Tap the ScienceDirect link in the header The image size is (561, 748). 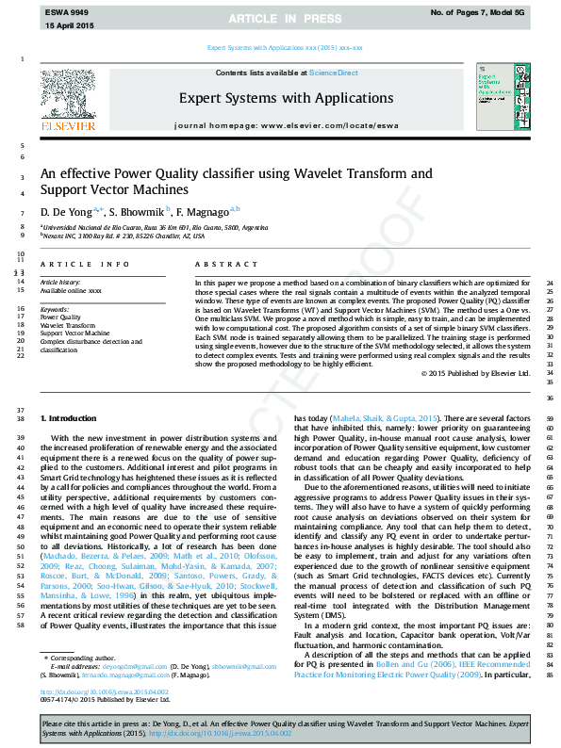pyautogui.click(x=334, y=73)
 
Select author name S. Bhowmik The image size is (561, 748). pyautogui.click(x=138, y=211)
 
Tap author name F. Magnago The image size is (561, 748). pyautogui.click(x=206, y=211)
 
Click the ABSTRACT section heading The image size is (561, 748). pyautogui.click(x=219, y=265)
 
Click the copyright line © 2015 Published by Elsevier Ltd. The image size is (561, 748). pyautogui.click(x=471, y=374)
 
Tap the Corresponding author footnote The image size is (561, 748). pyautogui.click(x=84, y=656)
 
